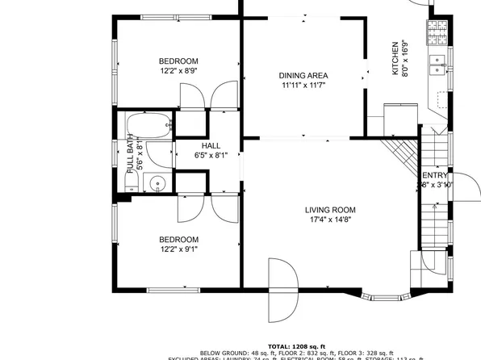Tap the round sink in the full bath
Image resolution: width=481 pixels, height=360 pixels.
pyautogui.click(x=158, y=184)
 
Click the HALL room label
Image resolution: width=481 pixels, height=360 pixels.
pyautogui.click(x=211, y=145)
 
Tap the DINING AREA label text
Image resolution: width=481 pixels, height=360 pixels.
pyautogui.click(x=303, y=75)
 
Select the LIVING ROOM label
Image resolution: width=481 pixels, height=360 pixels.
pyautogui.click(x=329, y=210)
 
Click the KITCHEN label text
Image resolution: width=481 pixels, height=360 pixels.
pyautogui.click(x=395, y=58)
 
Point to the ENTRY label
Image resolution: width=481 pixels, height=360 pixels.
pyautogui.click(x=436, y=175)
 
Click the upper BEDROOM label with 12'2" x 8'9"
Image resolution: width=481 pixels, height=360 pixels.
pyautogui.click(x=178, y=61)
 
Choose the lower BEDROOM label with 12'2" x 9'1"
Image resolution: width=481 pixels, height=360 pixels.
pyautogui.click(x=178, y=239)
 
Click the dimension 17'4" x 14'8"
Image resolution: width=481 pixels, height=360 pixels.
pyautogui.click(x=329, y=220)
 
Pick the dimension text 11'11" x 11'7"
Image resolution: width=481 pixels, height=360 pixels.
pyautogui.click(x=303, y=86)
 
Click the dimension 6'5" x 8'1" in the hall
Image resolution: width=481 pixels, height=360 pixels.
pyautogui.click(x=211, y=155)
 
